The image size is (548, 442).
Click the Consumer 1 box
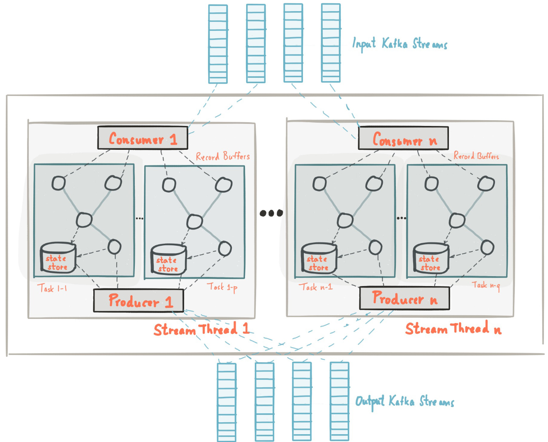[143, 138]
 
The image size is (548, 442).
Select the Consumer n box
[403, 138]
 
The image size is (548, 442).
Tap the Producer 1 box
[139, 301]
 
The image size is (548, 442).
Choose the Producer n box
[405, 298]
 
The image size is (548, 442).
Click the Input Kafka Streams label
[400, 43]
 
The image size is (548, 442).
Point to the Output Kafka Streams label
[405, 401]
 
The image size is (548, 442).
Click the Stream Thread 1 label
[201, 329]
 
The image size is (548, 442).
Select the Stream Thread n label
[453, 328]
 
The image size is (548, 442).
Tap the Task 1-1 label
[52, 288]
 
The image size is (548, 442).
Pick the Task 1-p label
[222, 286]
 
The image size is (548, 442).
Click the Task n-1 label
[315, 287]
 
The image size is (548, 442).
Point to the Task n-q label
[486, 285]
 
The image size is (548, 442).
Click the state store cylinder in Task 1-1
[58, 258]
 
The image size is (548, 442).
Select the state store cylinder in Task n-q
[430, 258]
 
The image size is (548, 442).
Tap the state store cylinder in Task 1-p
[168, 259]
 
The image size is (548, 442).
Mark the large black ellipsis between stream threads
[271, 213]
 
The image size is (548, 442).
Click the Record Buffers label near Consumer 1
[222, 156]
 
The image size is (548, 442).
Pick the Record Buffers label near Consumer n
[476, 156]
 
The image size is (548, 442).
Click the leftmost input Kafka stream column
[217, 44]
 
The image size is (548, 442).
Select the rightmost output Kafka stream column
[340, 401]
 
